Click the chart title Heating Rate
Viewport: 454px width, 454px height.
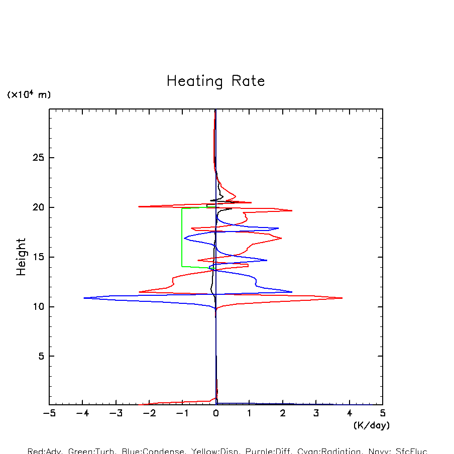click(x=215, y=81)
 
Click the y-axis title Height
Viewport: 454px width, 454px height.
click(x=21, y=257)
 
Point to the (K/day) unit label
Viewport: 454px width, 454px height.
click(x=371, y=425)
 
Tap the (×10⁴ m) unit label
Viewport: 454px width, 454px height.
click(x=29, y=94)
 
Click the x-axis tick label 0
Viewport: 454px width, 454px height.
click(x=216, y=413)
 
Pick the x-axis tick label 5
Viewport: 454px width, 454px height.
click(x=383, y=413)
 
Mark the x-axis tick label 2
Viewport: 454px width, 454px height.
click(x=283, y=413)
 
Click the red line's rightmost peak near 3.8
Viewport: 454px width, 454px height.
click(x=342, y=298)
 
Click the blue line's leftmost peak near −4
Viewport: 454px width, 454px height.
click(x=84, y=298)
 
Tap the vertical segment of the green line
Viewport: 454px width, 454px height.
click(x=182, y=237)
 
